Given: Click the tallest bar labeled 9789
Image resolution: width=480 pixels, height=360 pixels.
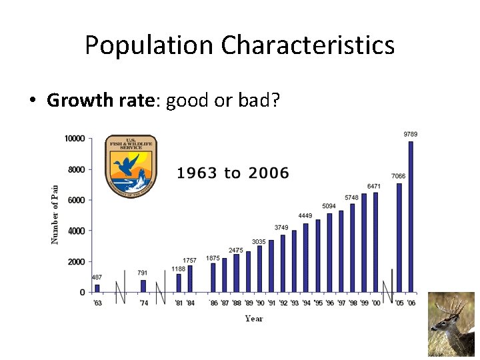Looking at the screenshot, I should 411,217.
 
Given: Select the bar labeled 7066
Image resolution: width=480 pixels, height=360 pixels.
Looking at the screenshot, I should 399,237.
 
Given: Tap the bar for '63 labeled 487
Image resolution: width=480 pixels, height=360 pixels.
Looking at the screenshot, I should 97,288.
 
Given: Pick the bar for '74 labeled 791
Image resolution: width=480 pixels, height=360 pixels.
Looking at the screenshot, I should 143,286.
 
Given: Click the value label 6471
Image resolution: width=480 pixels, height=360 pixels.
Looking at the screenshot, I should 374,186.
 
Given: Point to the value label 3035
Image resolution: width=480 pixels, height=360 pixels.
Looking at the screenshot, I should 259,241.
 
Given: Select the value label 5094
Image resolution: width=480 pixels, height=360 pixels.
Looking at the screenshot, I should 329,206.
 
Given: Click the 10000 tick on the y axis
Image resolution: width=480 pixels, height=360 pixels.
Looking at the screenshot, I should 74,139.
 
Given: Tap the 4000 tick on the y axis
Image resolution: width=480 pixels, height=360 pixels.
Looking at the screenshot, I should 76,231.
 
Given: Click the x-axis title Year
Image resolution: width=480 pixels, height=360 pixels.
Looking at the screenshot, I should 254,319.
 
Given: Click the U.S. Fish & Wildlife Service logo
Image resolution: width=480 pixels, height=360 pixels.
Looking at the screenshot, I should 131,164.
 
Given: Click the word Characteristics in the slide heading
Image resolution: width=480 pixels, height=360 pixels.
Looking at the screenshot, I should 307,45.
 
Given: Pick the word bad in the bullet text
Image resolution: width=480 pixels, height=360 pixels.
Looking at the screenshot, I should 265,101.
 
